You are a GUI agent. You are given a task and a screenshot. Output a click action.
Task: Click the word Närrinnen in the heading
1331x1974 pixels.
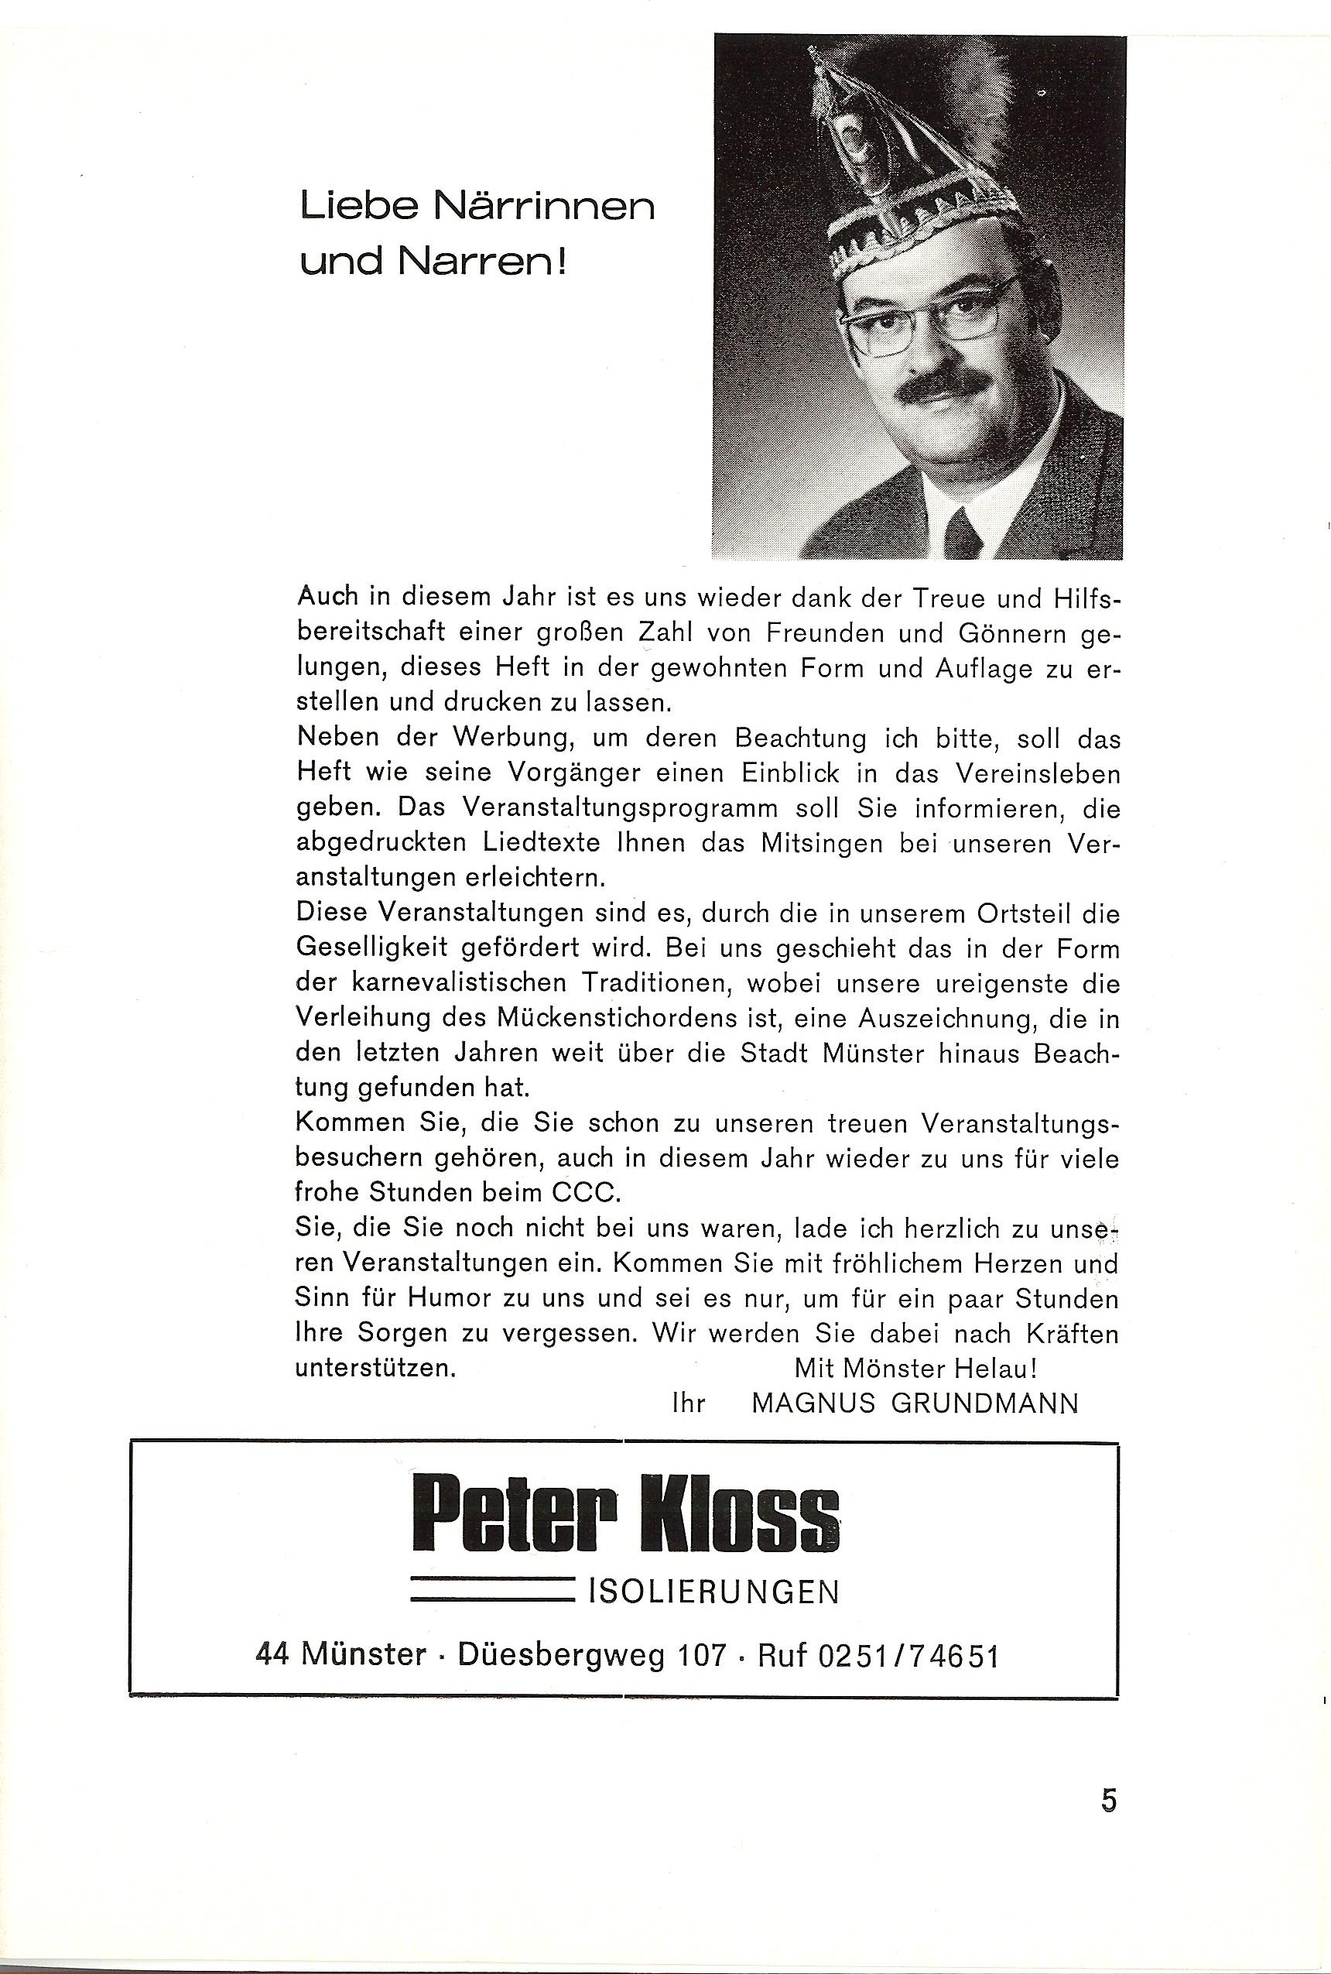(543, 207)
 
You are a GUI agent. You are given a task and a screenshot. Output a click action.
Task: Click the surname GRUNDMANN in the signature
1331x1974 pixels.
(984, 1403)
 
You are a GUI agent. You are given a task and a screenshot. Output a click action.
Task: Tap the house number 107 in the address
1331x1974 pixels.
(702, 1656)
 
